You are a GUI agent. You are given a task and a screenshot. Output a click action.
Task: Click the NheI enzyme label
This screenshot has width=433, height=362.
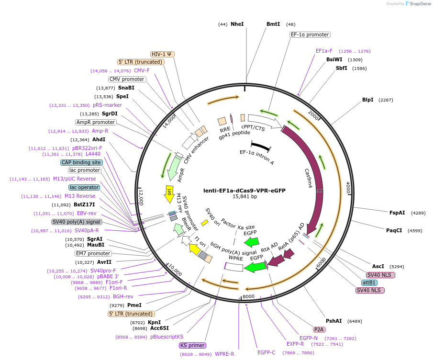coord(237,24)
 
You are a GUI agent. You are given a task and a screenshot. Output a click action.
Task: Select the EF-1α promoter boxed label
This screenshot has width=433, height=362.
coord(310,34)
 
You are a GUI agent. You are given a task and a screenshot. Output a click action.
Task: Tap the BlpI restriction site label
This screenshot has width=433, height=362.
coord(367,100)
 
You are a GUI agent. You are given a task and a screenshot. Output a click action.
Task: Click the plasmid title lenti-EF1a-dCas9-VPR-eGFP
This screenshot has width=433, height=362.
coord(244,190)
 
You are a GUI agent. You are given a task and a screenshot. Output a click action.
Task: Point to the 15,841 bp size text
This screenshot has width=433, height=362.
coord(244,196)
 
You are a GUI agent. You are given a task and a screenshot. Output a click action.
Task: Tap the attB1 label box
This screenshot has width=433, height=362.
coord(369,283)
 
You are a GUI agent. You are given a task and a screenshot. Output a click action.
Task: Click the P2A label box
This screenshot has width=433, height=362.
coord(319,329)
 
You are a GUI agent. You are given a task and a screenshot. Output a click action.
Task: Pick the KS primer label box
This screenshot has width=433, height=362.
coord(193,345)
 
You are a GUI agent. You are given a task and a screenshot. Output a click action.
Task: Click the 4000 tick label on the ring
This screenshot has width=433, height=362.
coord(349,188)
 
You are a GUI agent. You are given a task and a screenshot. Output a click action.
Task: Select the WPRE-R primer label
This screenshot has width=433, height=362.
coord(224,354)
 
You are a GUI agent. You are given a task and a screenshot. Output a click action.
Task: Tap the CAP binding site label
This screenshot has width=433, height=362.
coord(81,162)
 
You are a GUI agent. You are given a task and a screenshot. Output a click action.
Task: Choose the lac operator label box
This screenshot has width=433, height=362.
coord(84,187)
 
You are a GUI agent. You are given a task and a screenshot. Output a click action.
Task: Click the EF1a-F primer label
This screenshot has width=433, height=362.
coord(324,51)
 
